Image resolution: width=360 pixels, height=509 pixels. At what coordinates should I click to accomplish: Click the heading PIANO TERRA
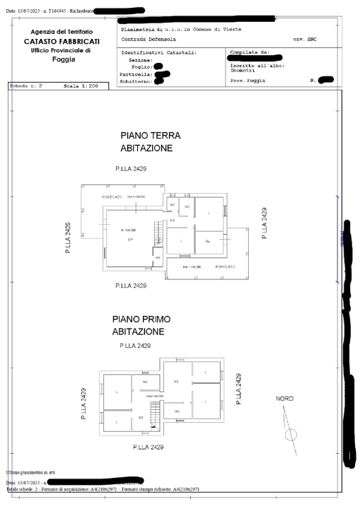click(151, 135)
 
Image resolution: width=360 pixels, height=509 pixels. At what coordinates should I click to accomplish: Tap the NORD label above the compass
click(284, 399)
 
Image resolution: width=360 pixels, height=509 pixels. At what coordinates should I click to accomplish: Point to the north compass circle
click(291, 434)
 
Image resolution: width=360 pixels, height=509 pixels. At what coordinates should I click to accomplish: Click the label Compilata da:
click(250, 52)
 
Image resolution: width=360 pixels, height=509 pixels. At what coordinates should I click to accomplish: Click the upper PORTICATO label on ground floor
click(112, 197)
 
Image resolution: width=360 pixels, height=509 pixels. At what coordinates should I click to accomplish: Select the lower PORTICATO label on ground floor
click(225, 267)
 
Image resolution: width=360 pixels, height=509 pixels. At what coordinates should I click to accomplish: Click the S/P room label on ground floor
click(130, 240)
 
